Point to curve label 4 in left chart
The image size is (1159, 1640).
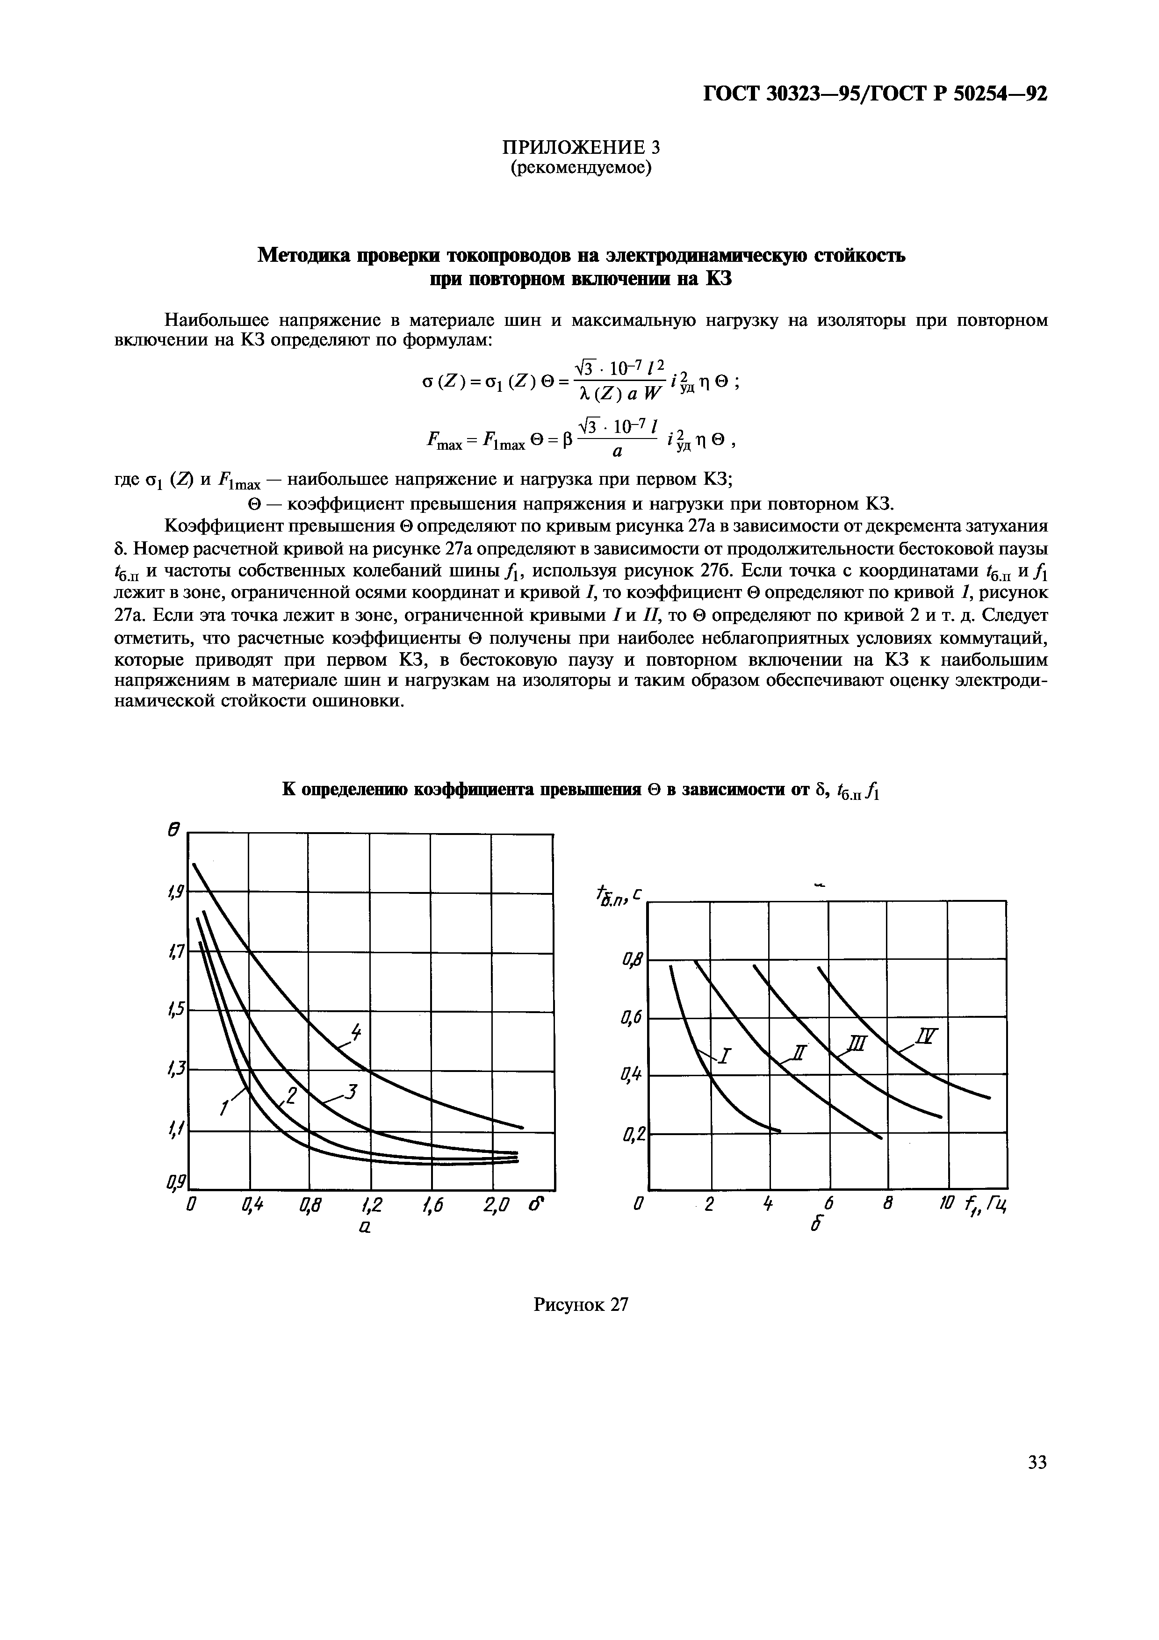click(355, 1032)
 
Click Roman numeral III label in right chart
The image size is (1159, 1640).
click(856, 1043)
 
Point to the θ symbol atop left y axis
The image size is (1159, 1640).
click(172, 830)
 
